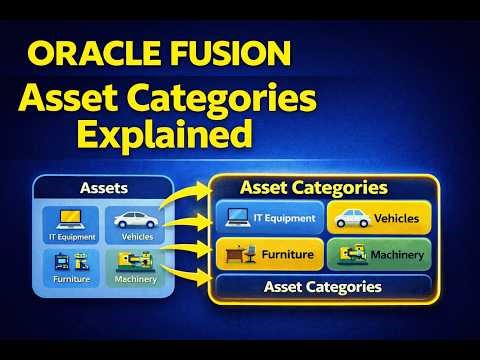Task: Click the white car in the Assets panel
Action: point(138,220)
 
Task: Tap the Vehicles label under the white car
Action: point(138,238)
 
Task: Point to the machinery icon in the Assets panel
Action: point(138,263)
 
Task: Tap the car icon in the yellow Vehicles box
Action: point(351,217)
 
